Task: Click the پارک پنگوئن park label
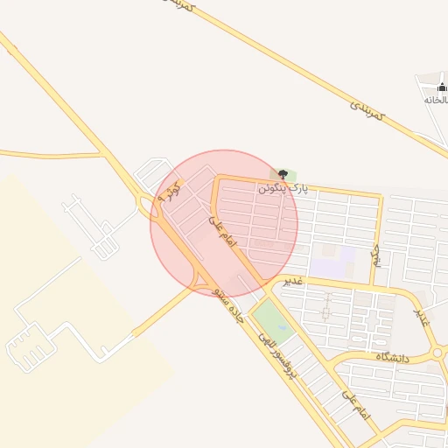click(x=284, y=187)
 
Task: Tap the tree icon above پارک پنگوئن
click(x=280, y=173)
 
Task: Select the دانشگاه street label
click(x=395, y=357)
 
